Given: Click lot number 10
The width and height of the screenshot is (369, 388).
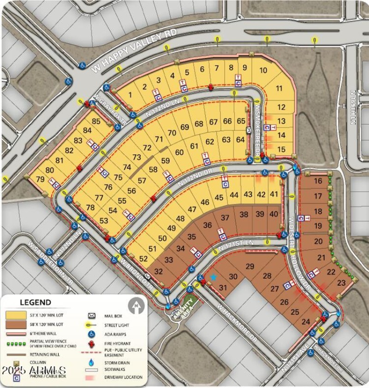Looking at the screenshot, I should [x=263, y=71].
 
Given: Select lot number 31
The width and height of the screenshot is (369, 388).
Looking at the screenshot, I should [x=223, y=288].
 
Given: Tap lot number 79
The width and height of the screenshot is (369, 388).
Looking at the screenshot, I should [x=40, y=179].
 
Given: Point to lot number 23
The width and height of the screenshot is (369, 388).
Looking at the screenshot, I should [x=342, y=282].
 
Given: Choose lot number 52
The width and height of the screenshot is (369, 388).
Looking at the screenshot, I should [x=144, y=259].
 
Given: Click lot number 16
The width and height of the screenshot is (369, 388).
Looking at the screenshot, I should [x=318, y=181].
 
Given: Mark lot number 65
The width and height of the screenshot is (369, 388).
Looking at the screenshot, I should [x=241, y=121].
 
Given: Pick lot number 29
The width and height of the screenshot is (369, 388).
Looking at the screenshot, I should [x=250, y=267].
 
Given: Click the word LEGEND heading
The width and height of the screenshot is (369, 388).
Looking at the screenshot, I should [x=35, y=302].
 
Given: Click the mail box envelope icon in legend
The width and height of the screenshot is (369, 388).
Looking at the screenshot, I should [x=92, y=316].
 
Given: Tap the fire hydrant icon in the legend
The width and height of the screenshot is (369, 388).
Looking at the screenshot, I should [x=92, y=343].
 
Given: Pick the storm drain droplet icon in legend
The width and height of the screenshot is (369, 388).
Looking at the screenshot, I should [x=92, y=362].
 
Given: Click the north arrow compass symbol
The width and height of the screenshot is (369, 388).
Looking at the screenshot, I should [x=135, y=305].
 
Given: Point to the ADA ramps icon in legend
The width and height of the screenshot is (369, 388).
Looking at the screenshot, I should [x=92, y=334].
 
